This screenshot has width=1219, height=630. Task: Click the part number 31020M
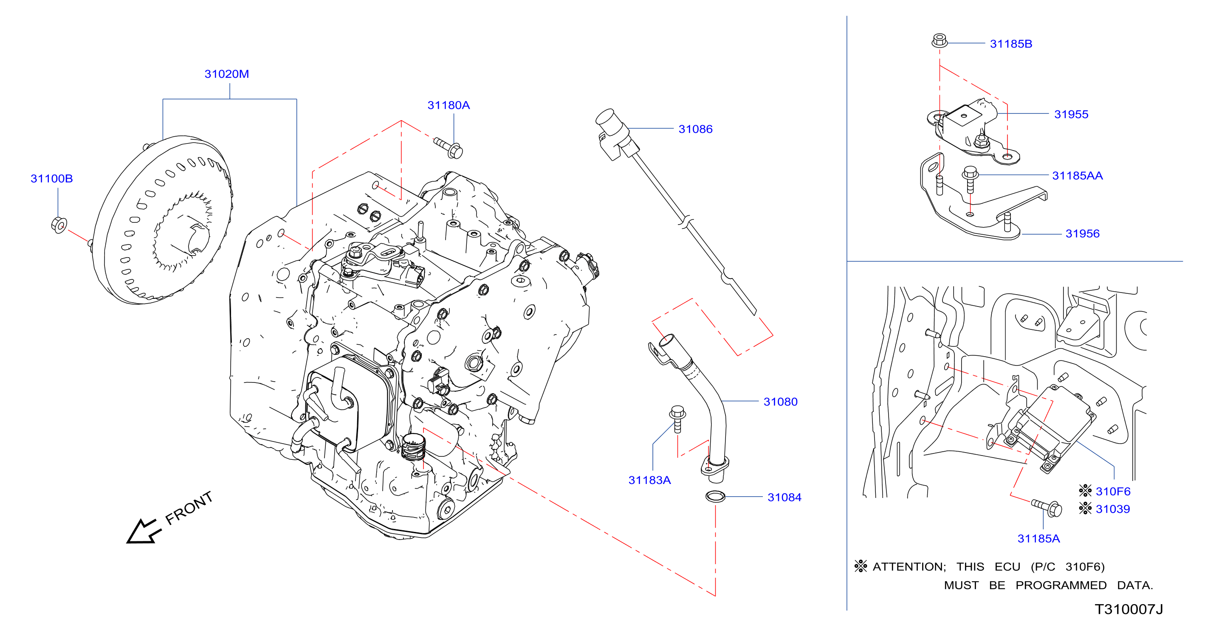click(x=226, y=74)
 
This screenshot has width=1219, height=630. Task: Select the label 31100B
click(x=51, y=178)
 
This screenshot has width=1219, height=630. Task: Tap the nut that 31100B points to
click(x=59, y=225)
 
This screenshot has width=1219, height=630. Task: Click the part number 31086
click(x=695, y=129)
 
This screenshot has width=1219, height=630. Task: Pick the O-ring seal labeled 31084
click(x=715, y=496)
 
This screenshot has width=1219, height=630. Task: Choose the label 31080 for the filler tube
click(x=780, y=402)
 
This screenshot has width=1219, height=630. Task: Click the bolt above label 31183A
click(x=677, y=419)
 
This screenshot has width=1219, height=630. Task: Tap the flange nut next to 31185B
click(x=940, y=41)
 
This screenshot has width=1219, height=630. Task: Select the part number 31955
click(x=1071, y=114)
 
